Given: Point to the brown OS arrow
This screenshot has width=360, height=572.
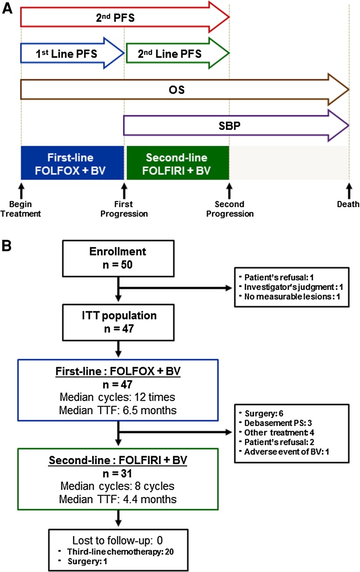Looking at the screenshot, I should pyautogui.click(x=184, y=89).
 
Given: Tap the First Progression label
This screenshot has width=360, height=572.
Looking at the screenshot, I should pyautogui.click(x=124, y=209).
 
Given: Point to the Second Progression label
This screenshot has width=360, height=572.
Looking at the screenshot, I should pyautogui.click(x=228, y=209).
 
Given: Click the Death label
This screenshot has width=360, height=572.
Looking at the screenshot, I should pyautogui.click(x=348, y=204).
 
